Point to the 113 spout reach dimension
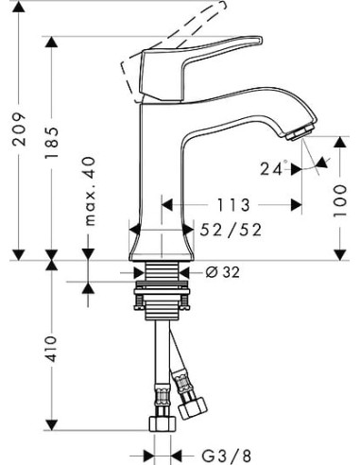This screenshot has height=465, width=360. pos(232,204)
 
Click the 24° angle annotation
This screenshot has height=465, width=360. pos(274,170)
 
